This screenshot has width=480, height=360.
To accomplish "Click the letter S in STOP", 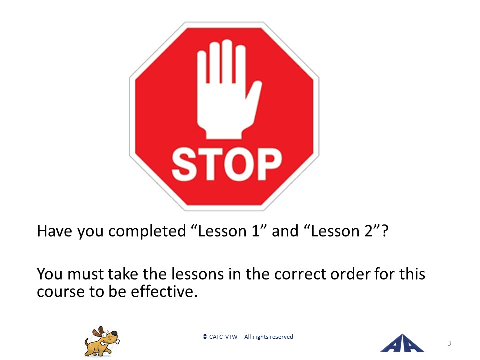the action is coord(184,164).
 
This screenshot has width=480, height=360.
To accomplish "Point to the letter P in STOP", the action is coord(269,164).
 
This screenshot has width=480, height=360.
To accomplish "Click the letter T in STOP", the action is coord(210,164).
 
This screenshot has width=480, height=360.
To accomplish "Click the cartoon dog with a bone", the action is coord(102,341).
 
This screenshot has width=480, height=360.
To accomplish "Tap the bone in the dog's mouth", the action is coord(110,342).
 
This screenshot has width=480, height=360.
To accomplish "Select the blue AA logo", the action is coord(402,343).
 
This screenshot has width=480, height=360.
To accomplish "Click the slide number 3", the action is coord(449,343).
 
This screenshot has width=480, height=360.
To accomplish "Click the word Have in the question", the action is coord(55,231).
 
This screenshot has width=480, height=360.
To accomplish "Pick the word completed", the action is coord(147,231).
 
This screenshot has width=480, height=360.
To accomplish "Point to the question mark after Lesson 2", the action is coord(385,231).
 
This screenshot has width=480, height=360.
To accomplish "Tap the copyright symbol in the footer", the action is coord(205,336).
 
